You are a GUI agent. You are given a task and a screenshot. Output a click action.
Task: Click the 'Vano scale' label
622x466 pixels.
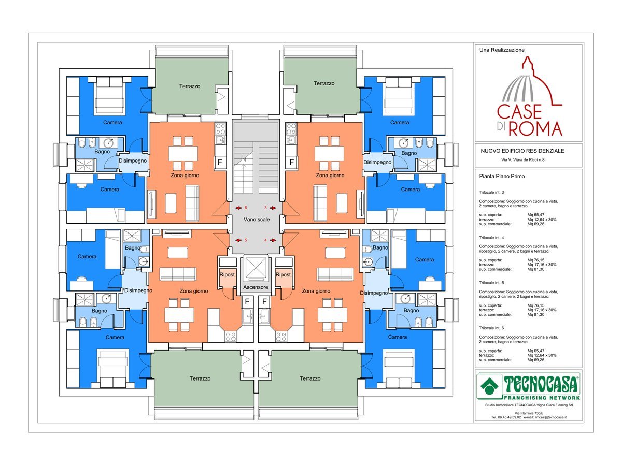pos(257,219)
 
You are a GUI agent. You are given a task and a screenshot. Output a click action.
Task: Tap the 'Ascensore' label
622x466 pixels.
pos(256,287)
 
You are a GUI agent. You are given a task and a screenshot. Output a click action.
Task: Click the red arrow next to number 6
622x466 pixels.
pos(238,208)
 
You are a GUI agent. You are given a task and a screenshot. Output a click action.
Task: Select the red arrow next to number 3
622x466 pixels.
pos(273,208)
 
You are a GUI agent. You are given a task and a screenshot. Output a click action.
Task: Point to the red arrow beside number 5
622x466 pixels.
pos(238,240)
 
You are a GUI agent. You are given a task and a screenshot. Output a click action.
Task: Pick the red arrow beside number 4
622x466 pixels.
pos(273,240)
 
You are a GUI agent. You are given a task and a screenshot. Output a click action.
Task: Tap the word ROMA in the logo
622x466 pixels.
pos(535,129)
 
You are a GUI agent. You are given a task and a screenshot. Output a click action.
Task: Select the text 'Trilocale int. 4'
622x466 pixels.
pos(491,238)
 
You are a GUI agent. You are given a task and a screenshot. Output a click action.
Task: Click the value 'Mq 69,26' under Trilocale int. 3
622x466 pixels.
pos(535,224)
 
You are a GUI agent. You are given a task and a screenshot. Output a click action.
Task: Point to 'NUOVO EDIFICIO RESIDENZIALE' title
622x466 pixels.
pos(522,151)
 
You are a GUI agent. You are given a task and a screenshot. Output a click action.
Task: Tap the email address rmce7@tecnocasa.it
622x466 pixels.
pos(550,417)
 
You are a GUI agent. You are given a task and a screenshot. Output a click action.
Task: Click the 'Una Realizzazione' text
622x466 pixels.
pos(502,50)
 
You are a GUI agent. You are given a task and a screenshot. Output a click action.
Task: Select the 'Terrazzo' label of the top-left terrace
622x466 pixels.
pos(190,86)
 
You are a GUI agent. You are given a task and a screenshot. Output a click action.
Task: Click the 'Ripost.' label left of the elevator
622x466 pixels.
pos(228,275)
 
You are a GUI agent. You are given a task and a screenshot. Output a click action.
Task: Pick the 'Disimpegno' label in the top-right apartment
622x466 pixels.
pos(377,162)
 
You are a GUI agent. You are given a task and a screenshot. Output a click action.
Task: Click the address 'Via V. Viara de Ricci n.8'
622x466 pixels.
pos(523,160)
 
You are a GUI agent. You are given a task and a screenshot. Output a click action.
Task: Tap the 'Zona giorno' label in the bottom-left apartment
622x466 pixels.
pos(194,291)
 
